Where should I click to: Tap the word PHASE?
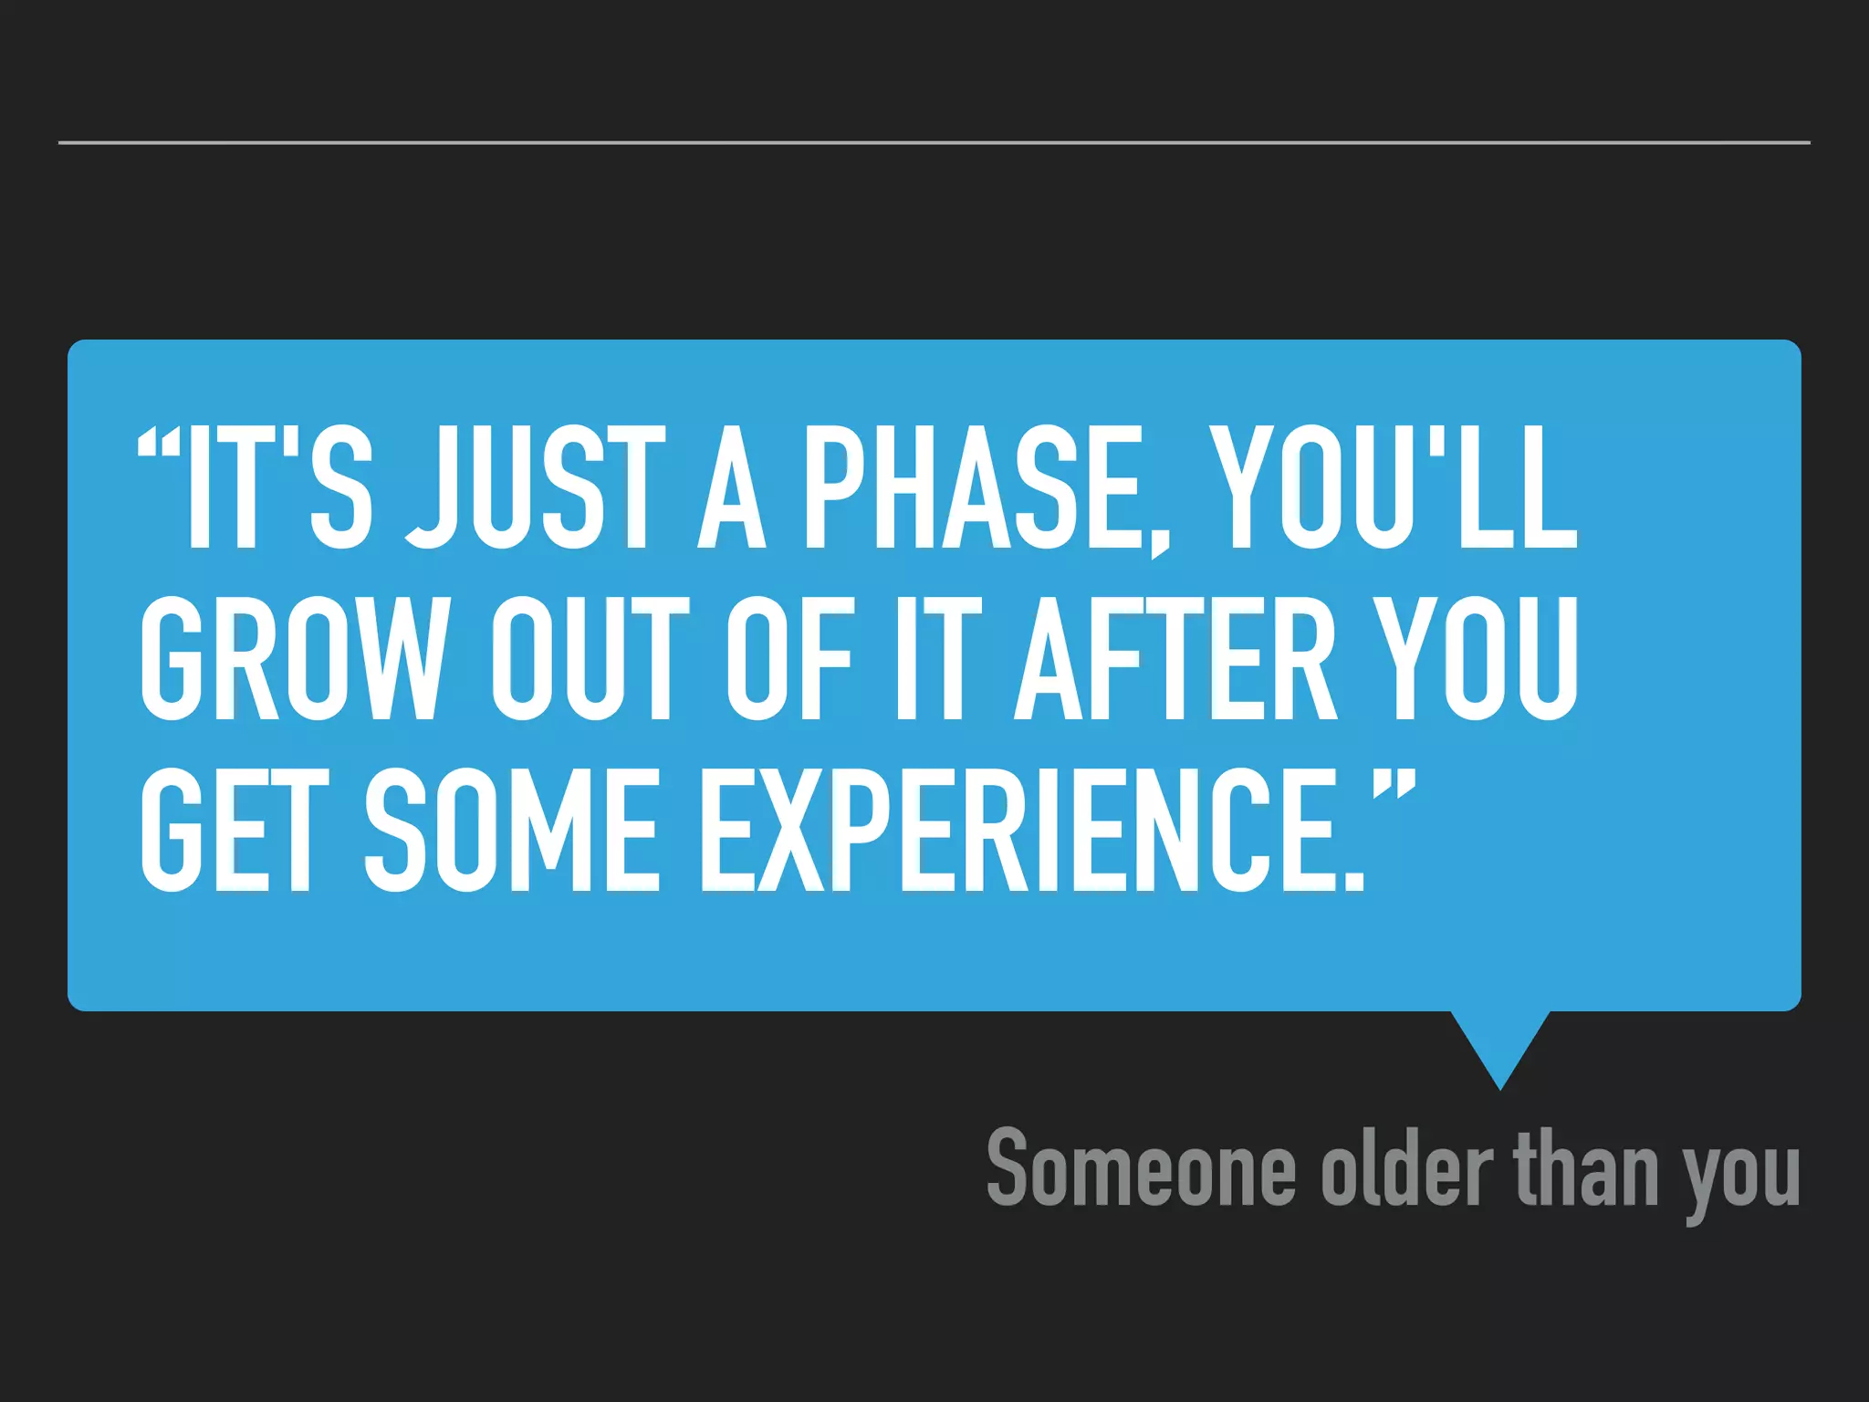[972, 488]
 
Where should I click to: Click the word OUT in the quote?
[590, 659]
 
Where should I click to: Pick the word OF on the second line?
[790, 659]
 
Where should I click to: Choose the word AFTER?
[1175, 659]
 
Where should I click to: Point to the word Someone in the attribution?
[1141, 1168]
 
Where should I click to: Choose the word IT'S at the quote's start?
[278, 488]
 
